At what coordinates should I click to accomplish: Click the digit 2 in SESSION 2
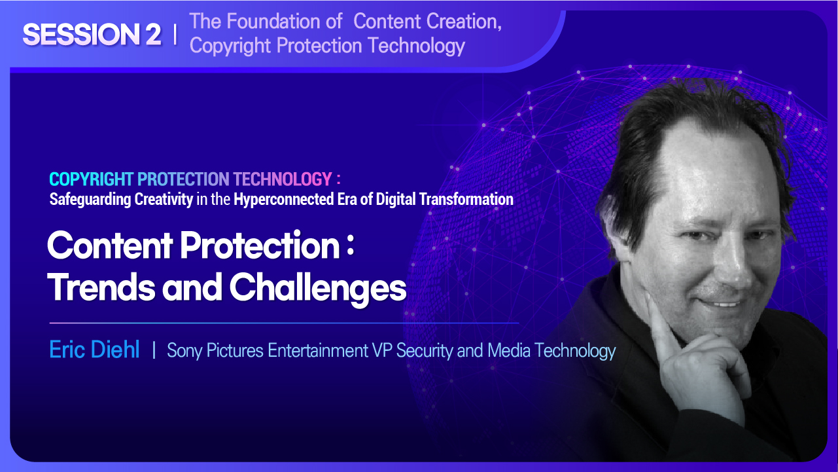pos(153,35)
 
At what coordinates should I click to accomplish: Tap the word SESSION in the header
pos(81,35)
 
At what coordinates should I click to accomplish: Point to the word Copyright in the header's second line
pos(230,46)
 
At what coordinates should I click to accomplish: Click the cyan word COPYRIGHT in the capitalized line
pos(92,179)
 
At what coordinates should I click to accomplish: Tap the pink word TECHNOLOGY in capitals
pos(283,179)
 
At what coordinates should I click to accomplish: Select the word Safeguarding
pos(90,200)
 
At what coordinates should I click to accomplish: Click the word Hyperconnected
pos(283,199)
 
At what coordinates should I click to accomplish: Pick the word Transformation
pos(466,199)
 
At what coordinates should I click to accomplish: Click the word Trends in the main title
pos(101,287)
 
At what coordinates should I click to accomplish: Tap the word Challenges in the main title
pos(318,288)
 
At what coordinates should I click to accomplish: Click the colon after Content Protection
pos(350,247)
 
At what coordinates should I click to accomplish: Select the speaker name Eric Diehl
pos(94,350)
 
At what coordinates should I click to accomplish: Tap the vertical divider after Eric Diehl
pos(154,350)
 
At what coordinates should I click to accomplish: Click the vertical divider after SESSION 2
pos(175,35)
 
